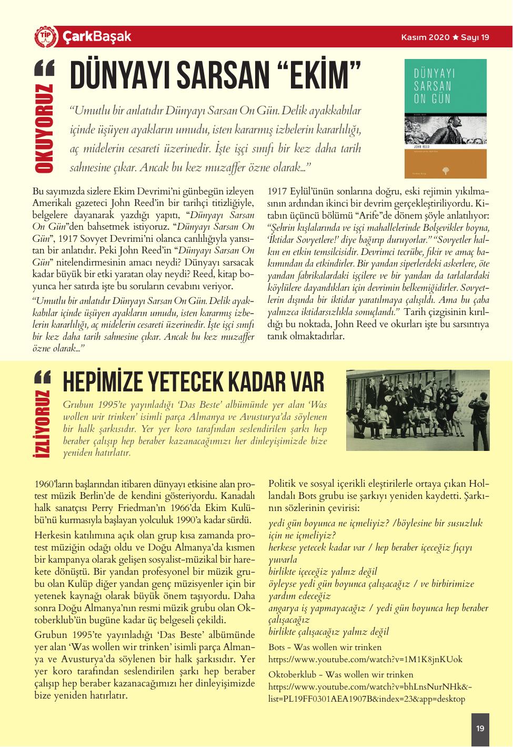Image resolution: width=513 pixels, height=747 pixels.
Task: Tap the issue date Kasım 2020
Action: (x=425, y=37)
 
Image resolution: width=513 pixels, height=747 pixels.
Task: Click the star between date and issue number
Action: (x=455, y=37)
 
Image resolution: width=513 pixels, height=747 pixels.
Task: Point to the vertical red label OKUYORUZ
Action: (x=45, y=129)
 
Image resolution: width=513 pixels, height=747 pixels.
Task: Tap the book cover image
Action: (x=445, y=118)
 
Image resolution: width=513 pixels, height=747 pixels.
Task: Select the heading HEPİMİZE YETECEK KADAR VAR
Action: (x=193, y=382)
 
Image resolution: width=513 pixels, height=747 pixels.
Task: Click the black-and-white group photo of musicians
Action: (x=417, y=410)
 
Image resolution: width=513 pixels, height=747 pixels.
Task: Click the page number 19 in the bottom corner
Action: (x=480, y=729)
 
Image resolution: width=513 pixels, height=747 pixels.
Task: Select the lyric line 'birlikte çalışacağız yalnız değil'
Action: (x=328, y=632)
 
